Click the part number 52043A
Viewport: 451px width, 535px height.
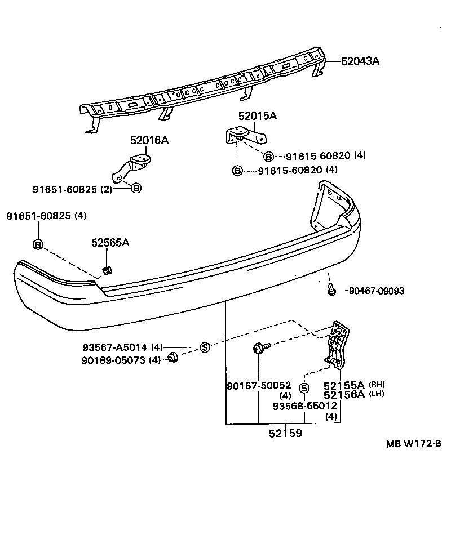pyautogui.click(x=360, y=61)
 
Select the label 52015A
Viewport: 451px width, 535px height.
pyautogui.click(x=257, y=116)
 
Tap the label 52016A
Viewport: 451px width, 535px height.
pyautogui.click(x=149, y=140)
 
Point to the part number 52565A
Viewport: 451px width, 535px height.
pyautogui.click(x=110, y=243)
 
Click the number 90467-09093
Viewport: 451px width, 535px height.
pyautogui.click(x=376, y=291)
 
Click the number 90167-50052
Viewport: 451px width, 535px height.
pyautogui.click(x=259, y=386)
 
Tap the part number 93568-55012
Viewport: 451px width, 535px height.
pyautogui.click(x=305, y=405)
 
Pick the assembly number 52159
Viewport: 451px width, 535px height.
pyautogui.click(x=285, y=434)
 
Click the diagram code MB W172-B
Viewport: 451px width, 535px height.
pyautogui.click(x=413, y=443)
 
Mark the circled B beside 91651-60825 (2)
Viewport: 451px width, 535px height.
pyautogui.click(x=136, y=189)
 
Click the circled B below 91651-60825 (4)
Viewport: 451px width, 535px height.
pyautogui.click(x=38, y=244)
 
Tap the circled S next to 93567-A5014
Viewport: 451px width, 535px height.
pyautogui.click(x=205, y=347)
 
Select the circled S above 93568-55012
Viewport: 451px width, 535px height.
pyautogui.click(x=304, y=387)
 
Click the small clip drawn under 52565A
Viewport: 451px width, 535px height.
pyautogui.click(x=107, y=271)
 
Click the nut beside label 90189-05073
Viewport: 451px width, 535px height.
pyautogui.click(x=174, y=358)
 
